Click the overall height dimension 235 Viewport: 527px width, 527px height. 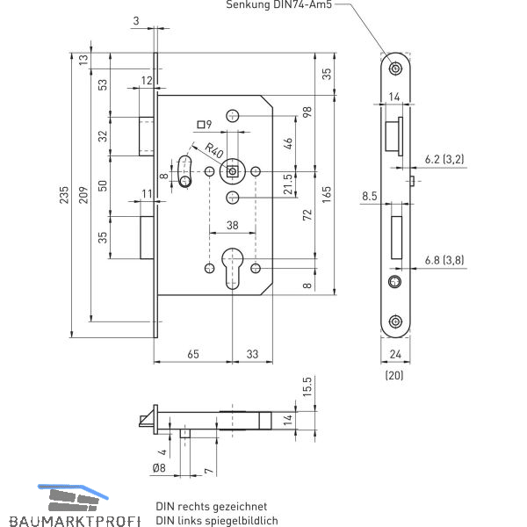[x=64, y=196]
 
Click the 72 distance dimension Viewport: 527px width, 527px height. [x=307, y=215]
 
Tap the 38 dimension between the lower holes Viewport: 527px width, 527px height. [x=232, y=225]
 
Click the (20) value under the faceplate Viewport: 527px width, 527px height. [x=394, y=375]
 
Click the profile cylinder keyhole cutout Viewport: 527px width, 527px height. [x=232, y=267]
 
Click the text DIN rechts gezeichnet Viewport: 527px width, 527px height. [x=211, y=507]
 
